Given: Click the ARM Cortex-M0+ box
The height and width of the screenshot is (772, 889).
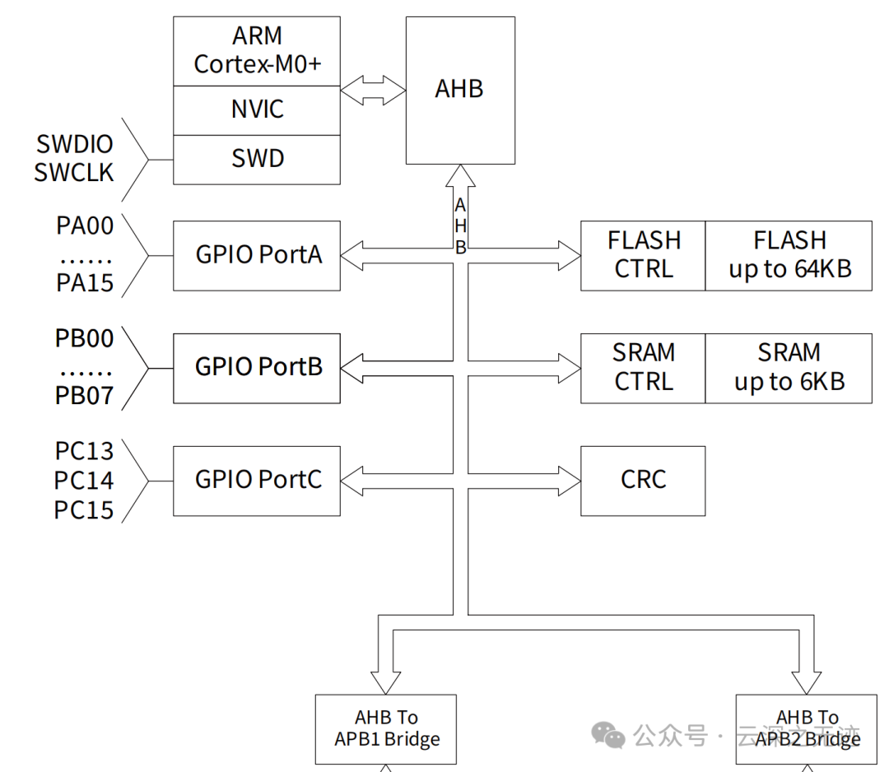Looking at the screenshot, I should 257,50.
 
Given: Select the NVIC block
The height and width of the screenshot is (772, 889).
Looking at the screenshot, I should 257,109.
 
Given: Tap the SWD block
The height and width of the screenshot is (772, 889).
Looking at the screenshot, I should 257,159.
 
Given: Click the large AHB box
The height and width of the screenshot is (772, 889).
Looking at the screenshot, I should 459,90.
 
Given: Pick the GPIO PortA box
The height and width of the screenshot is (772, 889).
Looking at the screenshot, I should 257,255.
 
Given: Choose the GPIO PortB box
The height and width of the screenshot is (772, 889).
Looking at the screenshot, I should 257,367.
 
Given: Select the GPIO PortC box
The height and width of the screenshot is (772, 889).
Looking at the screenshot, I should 257,480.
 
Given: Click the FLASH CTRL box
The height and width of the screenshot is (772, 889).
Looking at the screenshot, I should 643,255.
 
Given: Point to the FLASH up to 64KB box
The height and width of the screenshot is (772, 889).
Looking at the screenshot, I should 789,255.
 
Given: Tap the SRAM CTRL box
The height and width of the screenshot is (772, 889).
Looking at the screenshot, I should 643,367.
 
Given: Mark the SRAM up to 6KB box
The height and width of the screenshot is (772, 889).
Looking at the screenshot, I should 789,367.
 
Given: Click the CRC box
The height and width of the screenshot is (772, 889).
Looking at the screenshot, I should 643,480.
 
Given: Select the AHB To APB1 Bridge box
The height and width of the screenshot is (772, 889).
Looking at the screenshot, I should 386,728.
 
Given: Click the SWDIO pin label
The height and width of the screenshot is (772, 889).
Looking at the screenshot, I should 75,145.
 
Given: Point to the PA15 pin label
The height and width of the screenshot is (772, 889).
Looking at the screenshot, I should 85,284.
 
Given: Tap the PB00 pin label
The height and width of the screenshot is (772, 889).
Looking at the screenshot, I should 85,338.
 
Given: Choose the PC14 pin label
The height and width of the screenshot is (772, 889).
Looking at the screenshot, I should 84,481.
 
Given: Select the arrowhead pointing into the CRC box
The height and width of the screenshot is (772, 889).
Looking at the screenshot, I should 570,480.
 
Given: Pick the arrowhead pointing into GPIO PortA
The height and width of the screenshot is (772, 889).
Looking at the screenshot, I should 352,255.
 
